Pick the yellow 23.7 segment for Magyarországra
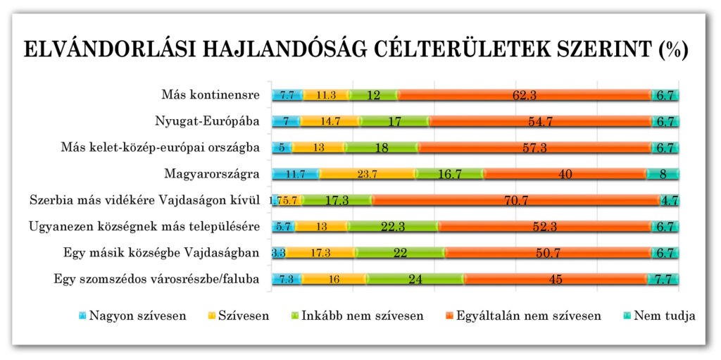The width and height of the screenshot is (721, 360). pyautogui.click(x=367, y=174)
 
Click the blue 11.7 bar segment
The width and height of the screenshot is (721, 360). pyautogui.click(x=295, y=174)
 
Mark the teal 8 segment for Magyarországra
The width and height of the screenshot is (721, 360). pyautogui.click(x=663, y=174)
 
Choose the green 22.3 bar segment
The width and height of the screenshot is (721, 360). pyautogui.click(x=393, y=227)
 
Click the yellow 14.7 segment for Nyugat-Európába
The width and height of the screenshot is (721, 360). pyautogui.click(x=330, y=121)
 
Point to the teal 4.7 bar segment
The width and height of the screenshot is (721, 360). pyautogui.click(x=669, y=201)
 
